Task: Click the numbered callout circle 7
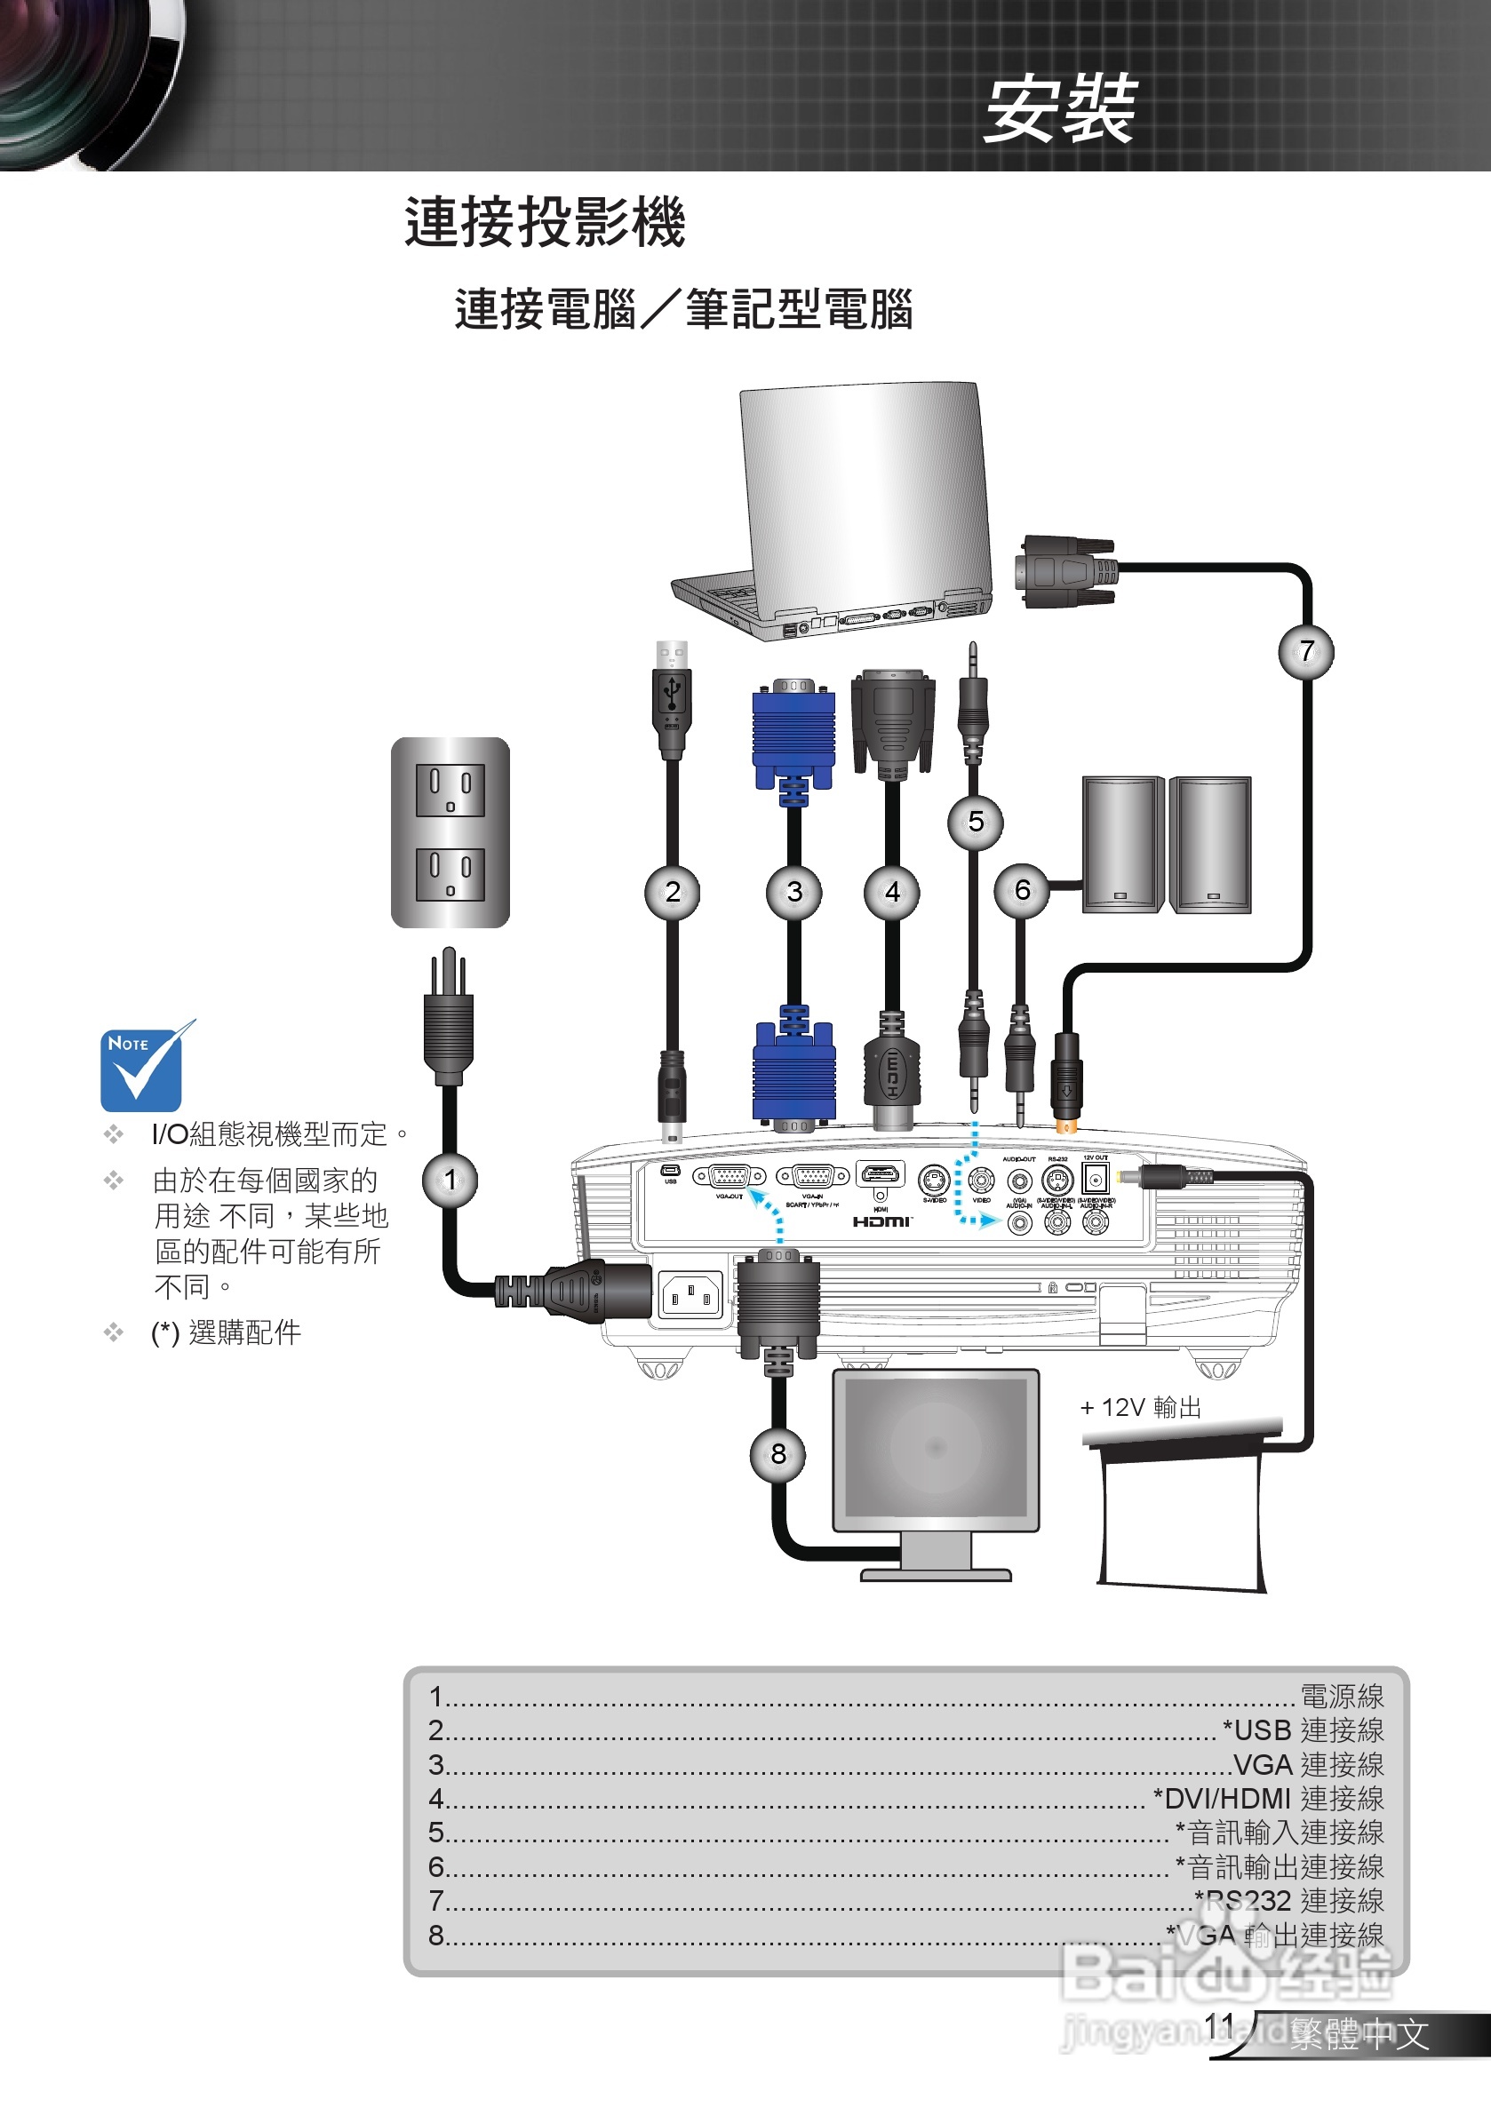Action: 1306,651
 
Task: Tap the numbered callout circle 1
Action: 450,1180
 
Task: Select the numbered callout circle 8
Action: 778,1454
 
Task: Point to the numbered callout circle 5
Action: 976,822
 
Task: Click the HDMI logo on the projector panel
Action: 881,1221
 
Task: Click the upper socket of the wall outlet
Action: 450,791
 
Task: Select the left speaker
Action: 1121,845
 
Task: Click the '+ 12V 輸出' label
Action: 1141,1408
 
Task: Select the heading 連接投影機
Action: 545,223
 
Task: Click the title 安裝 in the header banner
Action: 1060,109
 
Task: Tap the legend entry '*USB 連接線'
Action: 1302,1730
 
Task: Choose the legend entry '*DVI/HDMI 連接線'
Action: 1268,1798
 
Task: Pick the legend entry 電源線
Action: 1342,1696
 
